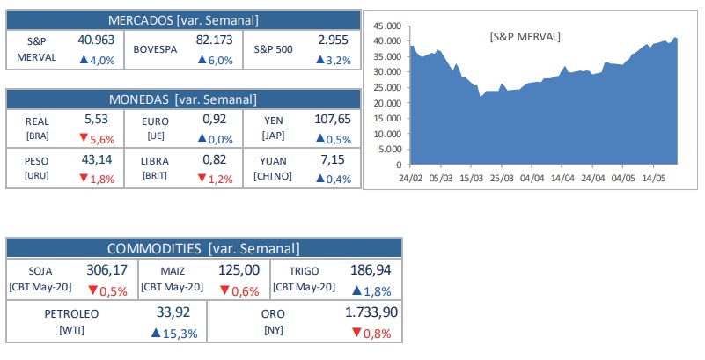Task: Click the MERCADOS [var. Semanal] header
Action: [183, 19]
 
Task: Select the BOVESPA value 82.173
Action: [214, 40]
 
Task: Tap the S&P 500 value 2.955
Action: [334, 40]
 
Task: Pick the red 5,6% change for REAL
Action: [98, 138]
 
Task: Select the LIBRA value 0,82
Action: [214, 159]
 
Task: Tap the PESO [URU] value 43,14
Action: [97, 159]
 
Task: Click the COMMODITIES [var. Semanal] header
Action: [203, 248]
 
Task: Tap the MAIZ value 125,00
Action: [239, 270]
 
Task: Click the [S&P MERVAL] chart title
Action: [525, 36]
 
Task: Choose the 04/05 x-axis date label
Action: [622, 179]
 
